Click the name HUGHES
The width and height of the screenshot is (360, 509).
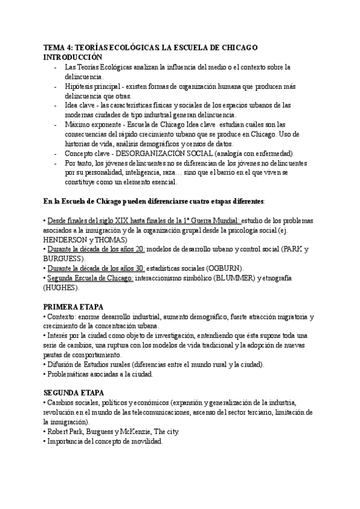pyautogui.click(x=62, y=288)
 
